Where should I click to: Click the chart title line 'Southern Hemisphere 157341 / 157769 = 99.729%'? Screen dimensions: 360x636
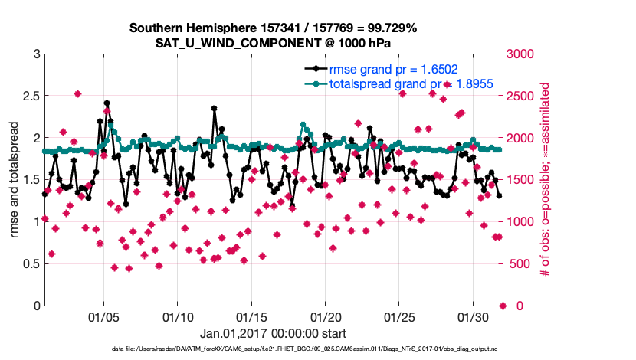(x=273, y=28)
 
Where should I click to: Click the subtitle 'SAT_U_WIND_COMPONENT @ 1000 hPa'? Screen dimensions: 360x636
(x=273, y=43)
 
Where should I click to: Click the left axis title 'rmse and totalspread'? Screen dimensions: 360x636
(x=13, y=180)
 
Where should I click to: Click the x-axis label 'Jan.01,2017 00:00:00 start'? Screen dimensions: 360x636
(x=273, y=333)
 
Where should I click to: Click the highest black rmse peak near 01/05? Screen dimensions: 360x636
(x=107, y=103)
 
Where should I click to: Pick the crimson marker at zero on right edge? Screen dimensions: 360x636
(x=503, y=306)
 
